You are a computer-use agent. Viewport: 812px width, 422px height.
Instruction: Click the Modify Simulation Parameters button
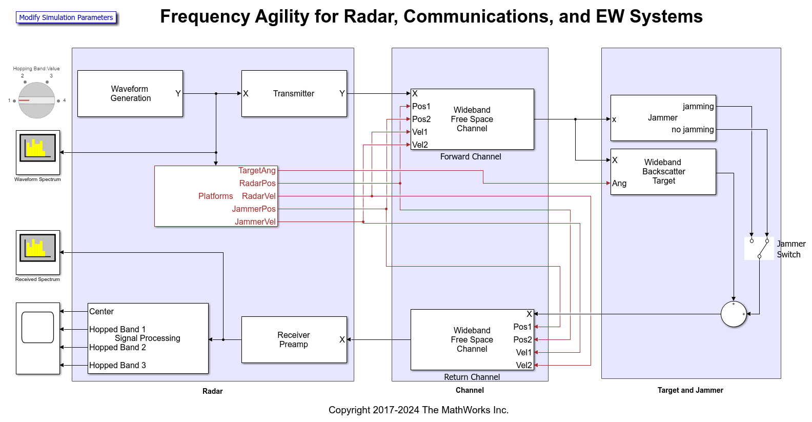[x=66, y=17]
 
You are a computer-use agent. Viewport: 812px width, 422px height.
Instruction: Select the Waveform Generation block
[x=130, y=94]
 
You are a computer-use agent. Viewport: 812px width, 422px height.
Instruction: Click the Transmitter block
[x=294, y=94]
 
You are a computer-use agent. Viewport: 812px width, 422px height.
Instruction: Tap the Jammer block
[x=662, y=118]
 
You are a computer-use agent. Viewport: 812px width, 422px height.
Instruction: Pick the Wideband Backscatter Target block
[x=663, y=172]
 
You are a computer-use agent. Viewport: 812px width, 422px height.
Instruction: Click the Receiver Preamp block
[x=294, y=340]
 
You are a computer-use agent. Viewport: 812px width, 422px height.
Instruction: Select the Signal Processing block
[x=148, y=338]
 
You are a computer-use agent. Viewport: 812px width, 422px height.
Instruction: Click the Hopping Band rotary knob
[x=36, y=100]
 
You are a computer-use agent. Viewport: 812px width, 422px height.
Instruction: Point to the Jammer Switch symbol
[x=759, y=249]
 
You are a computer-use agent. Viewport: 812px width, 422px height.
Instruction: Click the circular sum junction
[x=733, y=314]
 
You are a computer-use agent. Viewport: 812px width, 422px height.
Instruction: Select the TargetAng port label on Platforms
[x=257, y=171]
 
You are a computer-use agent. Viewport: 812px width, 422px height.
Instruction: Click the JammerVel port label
[x=255, y=222]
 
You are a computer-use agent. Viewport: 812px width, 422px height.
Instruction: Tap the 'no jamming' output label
[x=692, y=130]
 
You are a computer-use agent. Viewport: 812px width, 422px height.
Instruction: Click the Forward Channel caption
[x=470, y=157]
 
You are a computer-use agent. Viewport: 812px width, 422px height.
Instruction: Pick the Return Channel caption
[x=472, y=377]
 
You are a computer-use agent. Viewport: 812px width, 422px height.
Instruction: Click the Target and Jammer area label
[x=690, y=390]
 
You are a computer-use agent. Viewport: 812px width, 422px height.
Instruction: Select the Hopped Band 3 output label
[x=117, y=366]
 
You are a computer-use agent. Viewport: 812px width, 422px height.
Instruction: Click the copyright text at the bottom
[x=418, y=410]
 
